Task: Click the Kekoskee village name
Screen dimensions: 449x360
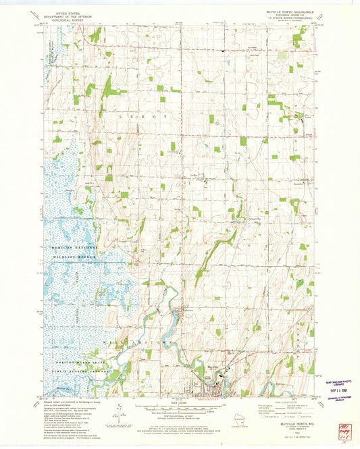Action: [190, 310]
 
